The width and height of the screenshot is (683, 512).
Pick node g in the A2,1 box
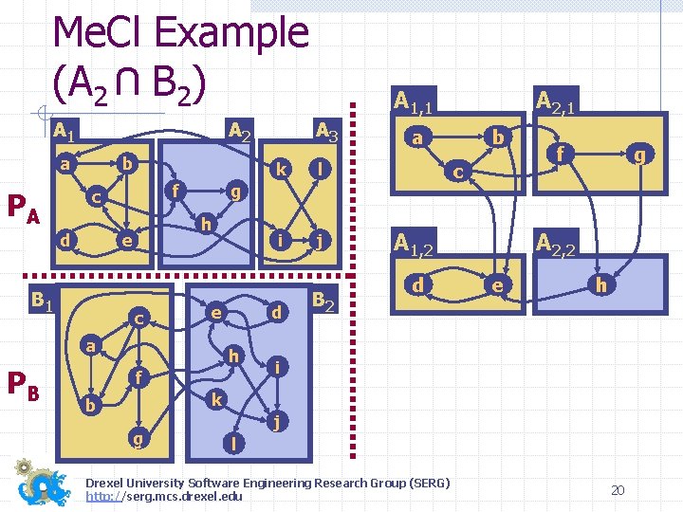pos(642,153)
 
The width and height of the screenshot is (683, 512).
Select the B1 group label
pos(41,302)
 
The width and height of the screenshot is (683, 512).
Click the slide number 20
pos(618,490)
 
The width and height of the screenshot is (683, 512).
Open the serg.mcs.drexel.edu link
pos(164,496)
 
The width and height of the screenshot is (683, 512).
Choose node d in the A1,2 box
pos(417,283)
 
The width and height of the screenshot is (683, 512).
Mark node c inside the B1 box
pos(138,318)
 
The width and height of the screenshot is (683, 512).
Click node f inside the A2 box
pos(175,189)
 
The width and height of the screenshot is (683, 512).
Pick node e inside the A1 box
pos(124,241)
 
